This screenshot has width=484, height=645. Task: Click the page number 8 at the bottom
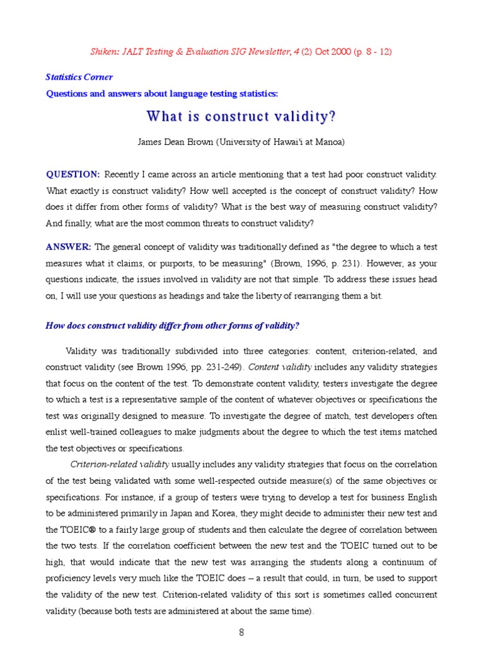[x=241, y=632]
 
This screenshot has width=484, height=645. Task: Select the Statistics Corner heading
[x=79, y=77]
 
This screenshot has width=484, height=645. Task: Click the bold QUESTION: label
[x=73, y=174]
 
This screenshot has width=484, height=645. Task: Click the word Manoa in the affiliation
[x=329, y=142]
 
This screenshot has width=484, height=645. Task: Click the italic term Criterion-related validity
[x=119, y=464]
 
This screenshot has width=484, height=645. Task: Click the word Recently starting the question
[x=124, y=174]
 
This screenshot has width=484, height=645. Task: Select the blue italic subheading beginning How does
[x=173, y=326]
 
